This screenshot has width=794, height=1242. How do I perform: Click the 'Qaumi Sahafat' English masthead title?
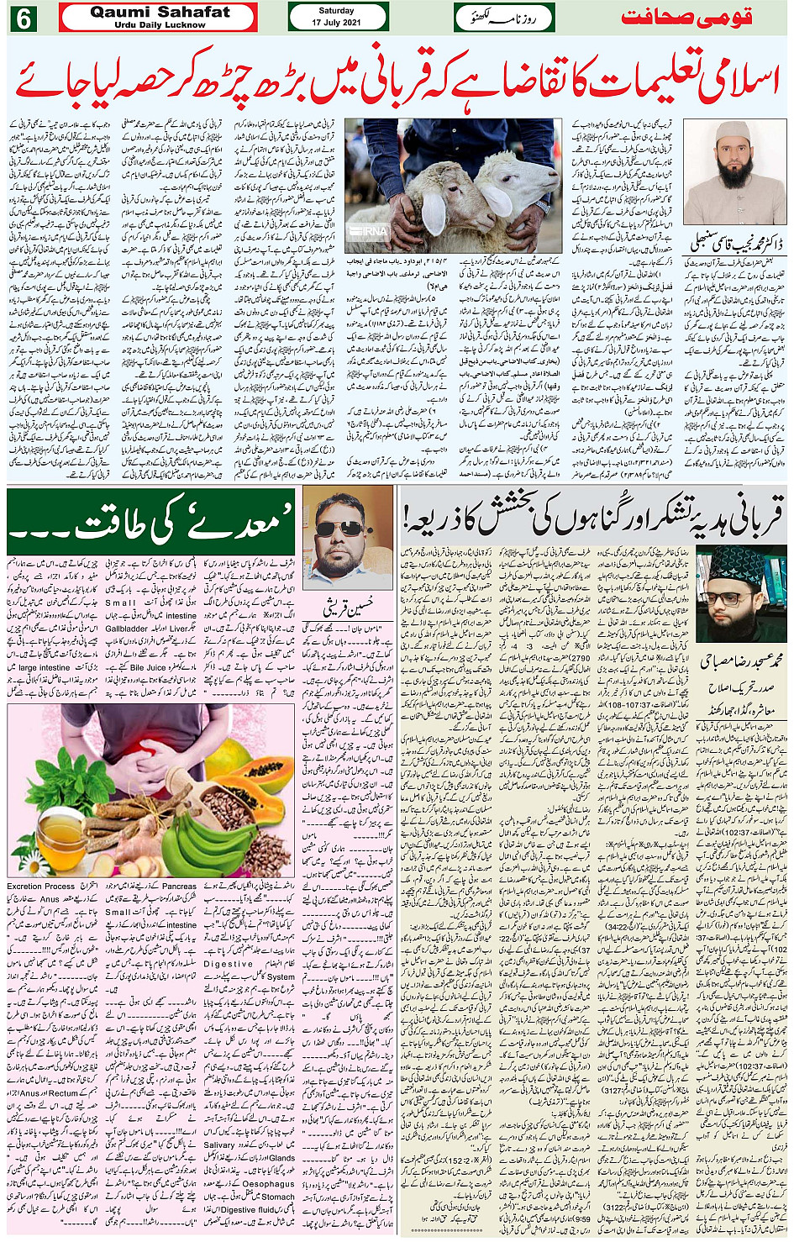(160, 12)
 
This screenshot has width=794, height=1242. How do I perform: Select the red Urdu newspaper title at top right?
(686, 17)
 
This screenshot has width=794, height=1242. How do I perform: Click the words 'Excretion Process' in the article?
(40, 886)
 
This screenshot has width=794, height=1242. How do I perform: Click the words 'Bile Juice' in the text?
(150, 668)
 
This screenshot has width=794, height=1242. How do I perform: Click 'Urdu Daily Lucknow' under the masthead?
(160, 25)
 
